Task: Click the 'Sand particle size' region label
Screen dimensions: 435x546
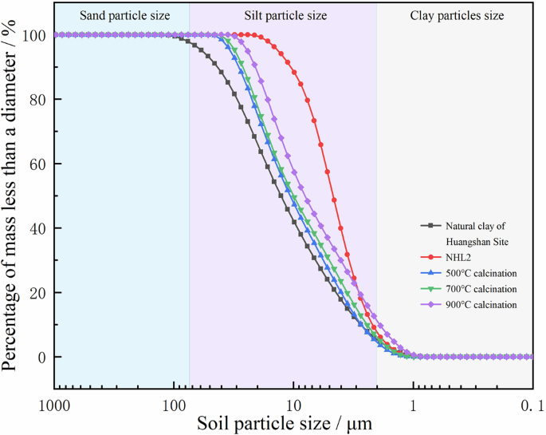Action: pos(122,14)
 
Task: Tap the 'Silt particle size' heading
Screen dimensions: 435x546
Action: pos(283,14)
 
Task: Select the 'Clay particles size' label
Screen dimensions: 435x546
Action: pos(457,14)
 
